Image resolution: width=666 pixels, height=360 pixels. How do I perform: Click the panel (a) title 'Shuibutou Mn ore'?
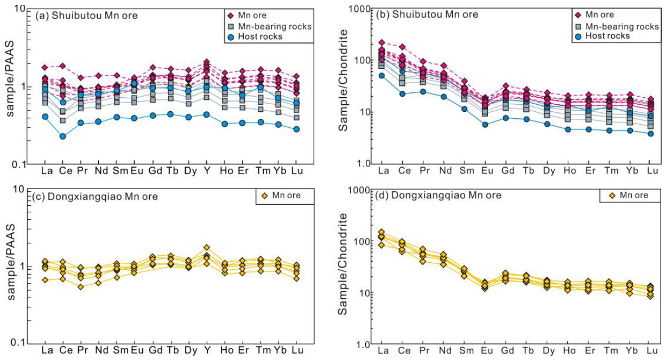click(94, 15)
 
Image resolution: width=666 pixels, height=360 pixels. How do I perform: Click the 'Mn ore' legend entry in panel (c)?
click(282, 195)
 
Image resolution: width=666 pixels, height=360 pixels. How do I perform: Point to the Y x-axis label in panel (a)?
click(207, 171)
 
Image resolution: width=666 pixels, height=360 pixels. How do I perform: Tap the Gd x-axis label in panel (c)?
click(155, 350)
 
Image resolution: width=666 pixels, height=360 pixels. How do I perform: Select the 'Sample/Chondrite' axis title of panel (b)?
click(343, 80)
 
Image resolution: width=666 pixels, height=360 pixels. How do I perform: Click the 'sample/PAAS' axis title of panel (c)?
click(11, 262)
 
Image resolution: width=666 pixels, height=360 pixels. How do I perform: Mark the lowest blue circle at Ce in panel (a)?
click(63, 136)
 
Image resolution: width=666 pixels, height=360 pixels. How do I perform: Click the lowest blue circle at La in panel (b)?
click(382, 75)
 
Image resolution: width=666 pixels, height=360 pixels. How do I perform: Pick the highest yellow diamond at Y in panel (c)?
click(207, 247)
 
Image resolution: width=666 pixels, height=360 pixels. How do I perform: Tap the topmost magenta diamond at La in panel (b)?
click(382, 42)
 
